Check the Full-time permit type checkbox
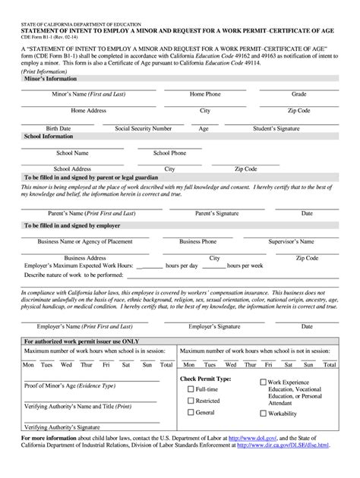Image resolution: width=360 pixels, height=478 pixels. pyautogui.click(x=191, y=389)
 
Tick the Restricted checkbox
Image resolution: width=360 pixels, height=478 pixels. pyautogui.click(x=191, y=401)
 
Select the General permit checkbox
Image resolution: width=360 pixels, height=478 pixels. pyautogui.click(x=191, y=412)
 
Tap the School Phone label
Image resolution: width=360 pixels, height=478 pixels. pyautogui.click(x=169, y=153)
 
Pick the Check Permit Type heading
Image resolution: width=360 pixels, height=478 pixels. pyautogui.click(x=205, y=377)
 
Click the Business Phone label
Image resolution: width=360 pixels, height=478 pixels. pyautogui.click(x=197, y=241)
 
